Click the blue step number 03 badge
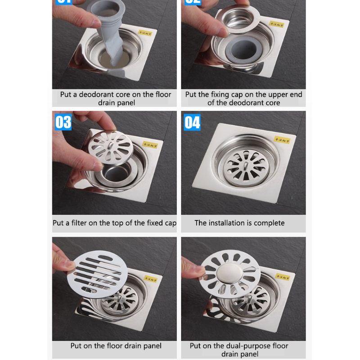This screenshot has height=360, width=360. coord(63,122)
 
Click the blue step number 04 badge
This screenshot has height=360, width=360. coord(192,122)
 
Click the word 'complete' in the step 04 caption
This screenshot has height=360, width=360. coord(269,223)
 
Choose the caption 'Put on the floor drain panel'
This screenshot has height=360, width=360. coord(116,346)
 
